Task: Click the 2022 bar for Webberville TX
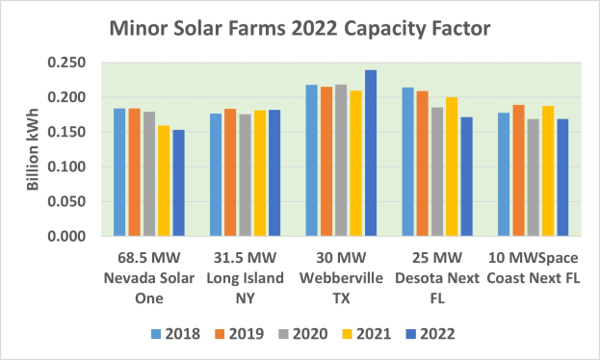[x=371, y=153]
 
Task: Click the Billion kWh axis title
[x=33, y=149]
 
